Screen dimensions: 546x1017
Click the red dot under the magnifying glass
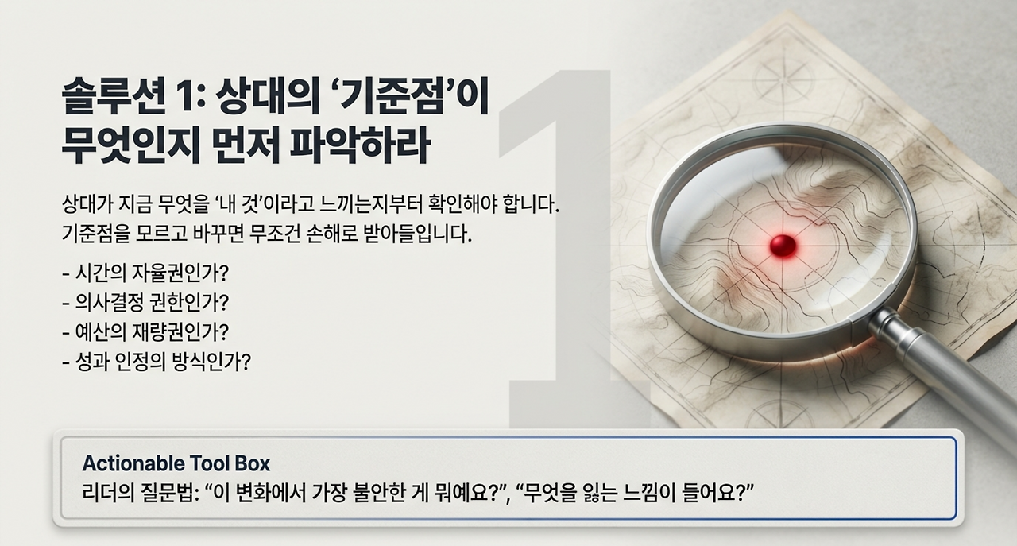(783, 243)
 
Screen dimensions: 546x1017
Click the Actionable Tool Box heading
(176, 463)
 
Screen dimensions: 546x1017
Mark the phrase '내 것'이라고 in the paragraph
(261, 205)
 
